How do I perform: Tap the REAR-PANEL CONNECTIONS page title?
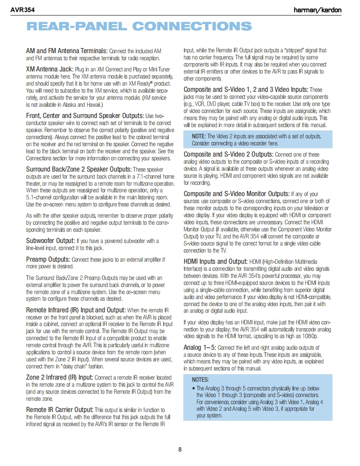click(139, 27)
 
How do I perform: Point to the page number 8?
click(180, 449)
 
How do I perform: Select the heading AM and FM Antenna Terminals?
click(67, 51)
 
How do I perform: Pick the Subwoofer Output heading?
click(50, 241)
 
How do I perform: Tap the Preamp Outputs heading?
click(48, 259)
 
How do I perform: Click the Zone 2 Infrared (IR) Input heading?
click(59, 377)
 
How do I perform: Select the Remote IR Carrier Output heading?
click(60, 410)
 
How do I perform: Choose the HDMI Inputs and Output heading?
click(215, 261)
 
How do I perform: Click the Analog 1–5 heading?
click(200, 347)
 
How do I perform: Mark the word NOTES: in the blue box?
click(200, 380)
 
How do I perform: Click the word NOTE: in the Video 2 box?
click(199, 136)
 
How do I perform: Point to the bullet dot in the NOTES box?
click(194, 388)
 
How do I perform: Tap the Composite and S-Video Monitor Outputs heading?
click(237, 194)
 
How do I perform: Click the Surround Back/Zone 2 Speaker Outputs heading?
click(79, 169)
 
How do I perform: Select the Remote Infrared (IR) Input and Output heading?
click(76, 310)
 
